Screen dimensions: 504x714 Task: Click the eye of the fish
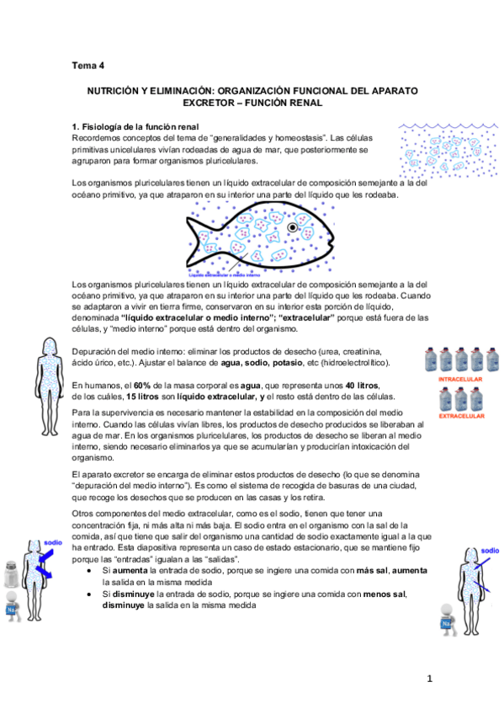(x=293, y=227)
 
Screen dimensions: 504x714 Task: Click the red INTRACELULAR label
(x=459, y=380)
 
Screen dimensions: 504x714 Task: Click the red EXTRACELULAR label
(x=459, y=416)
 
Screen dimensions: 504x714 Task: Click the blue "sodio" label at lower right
(x=490, y=551)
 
